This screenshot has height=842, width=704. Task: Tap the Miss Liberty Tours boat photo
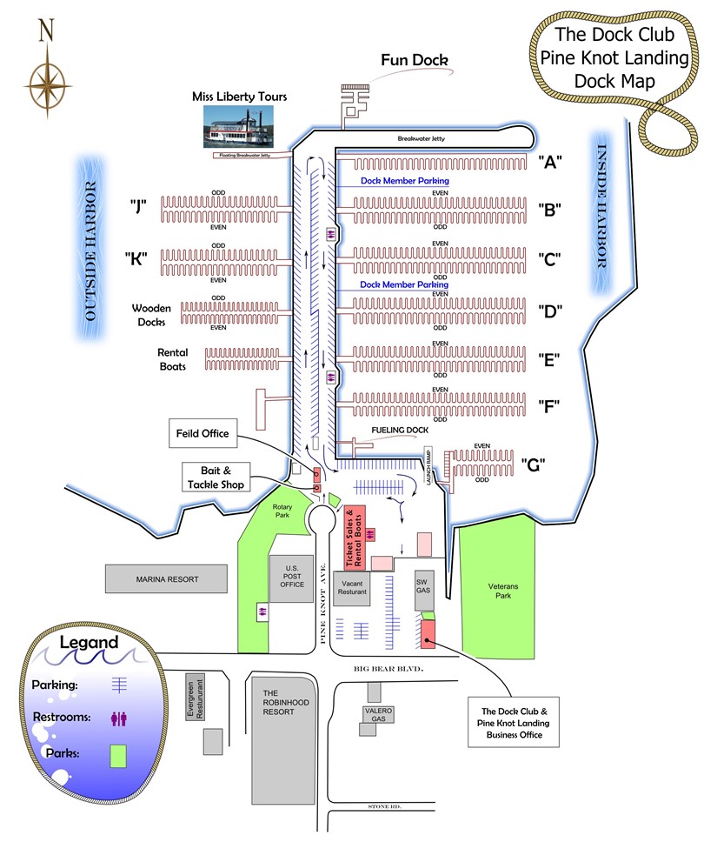click(x=238, y=127)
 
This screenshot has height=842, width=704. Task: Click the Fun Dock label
click(x=414, y=60)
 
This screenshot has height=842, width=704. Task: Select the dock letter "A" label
click(x=550, y=161)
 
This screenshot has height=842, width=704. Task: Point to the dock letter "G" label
click(x=535, y=464)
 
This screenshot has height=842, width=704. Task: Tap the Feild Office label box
click(x=201, y=433)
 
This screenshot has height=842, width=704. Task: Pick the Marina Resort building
click(x=167, y=579)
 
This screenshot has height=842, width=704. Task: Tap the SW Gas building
click(x=423, y=586)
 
